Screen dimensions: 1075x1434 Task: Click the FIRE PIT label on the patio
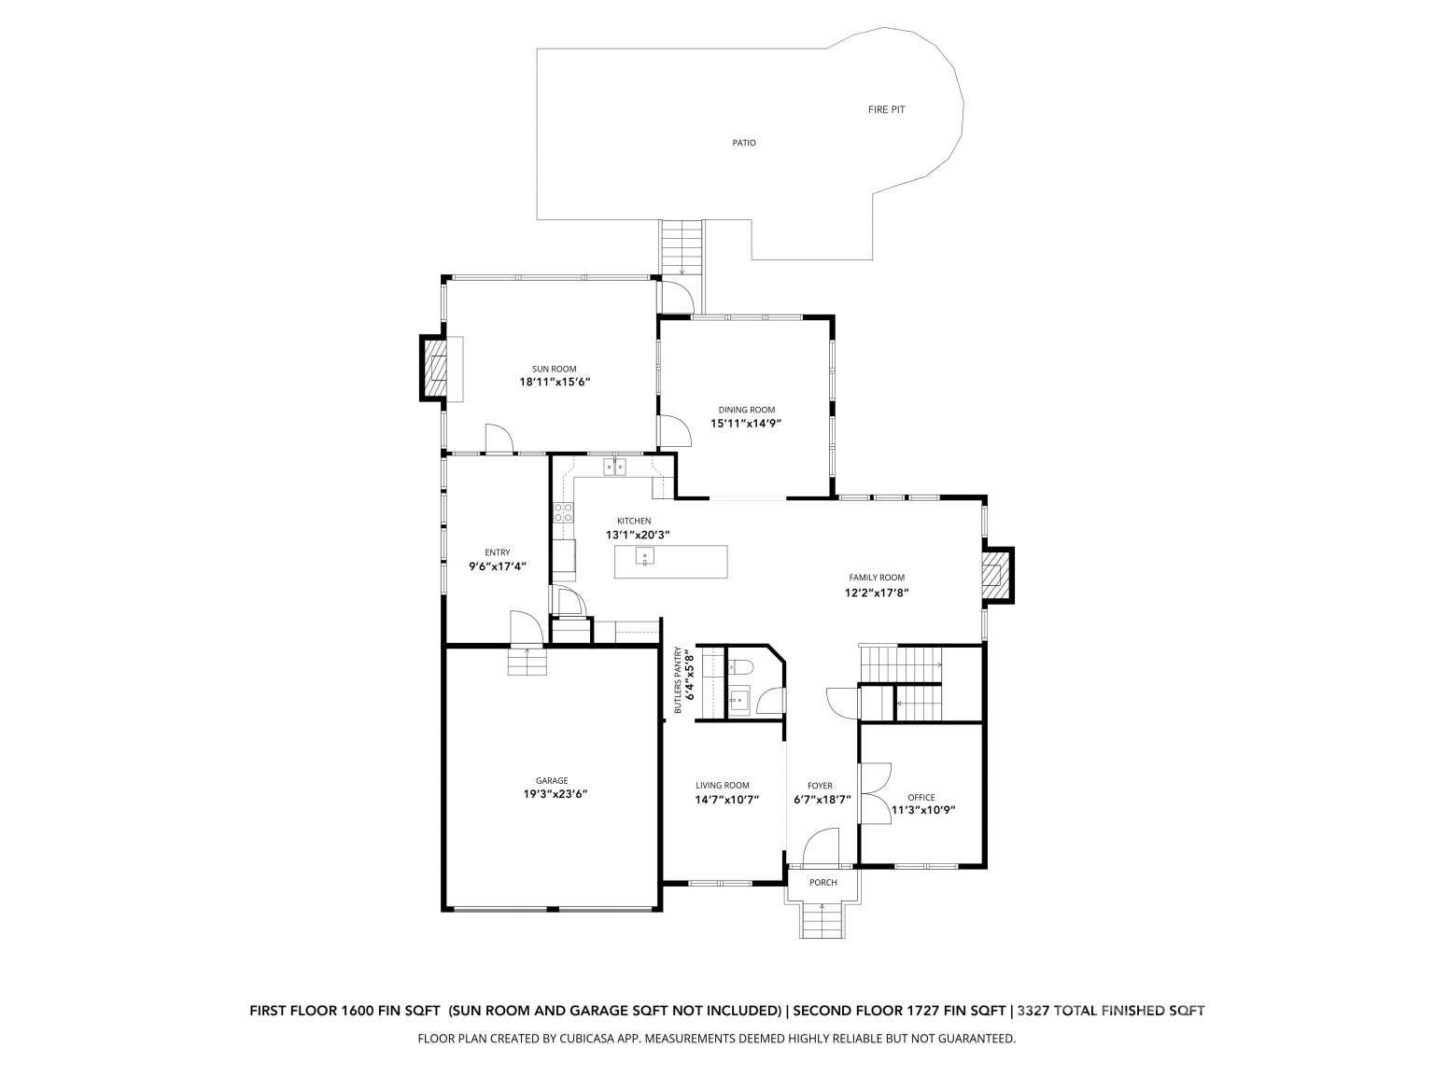tap(886, 110)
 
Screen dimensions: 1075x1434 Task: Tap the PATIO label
tap(743, 143)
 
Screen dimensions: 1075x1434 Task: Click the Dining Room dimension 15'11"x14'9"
tap(746, 423)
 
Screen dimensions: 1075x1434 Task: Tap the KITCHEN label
tap(634, 521)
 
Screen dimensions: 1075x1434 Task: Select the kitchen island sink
tap(644, 557)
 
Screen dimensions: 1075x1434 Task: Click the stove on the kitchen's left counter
tap(563, 511)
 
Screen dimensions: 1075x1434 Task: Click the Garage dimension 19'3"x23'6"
tap(555, 794)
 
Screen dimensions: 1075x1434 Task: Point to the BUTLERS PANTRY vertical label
tap(683, 680)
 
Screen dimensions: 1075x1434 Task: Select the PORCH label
tap(822, 883)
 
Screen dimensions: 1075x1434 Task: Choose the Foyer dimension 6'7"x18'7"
tap(822, 800)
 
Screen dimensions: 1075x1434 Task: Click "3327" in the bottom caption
tap(1037, 1010)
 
